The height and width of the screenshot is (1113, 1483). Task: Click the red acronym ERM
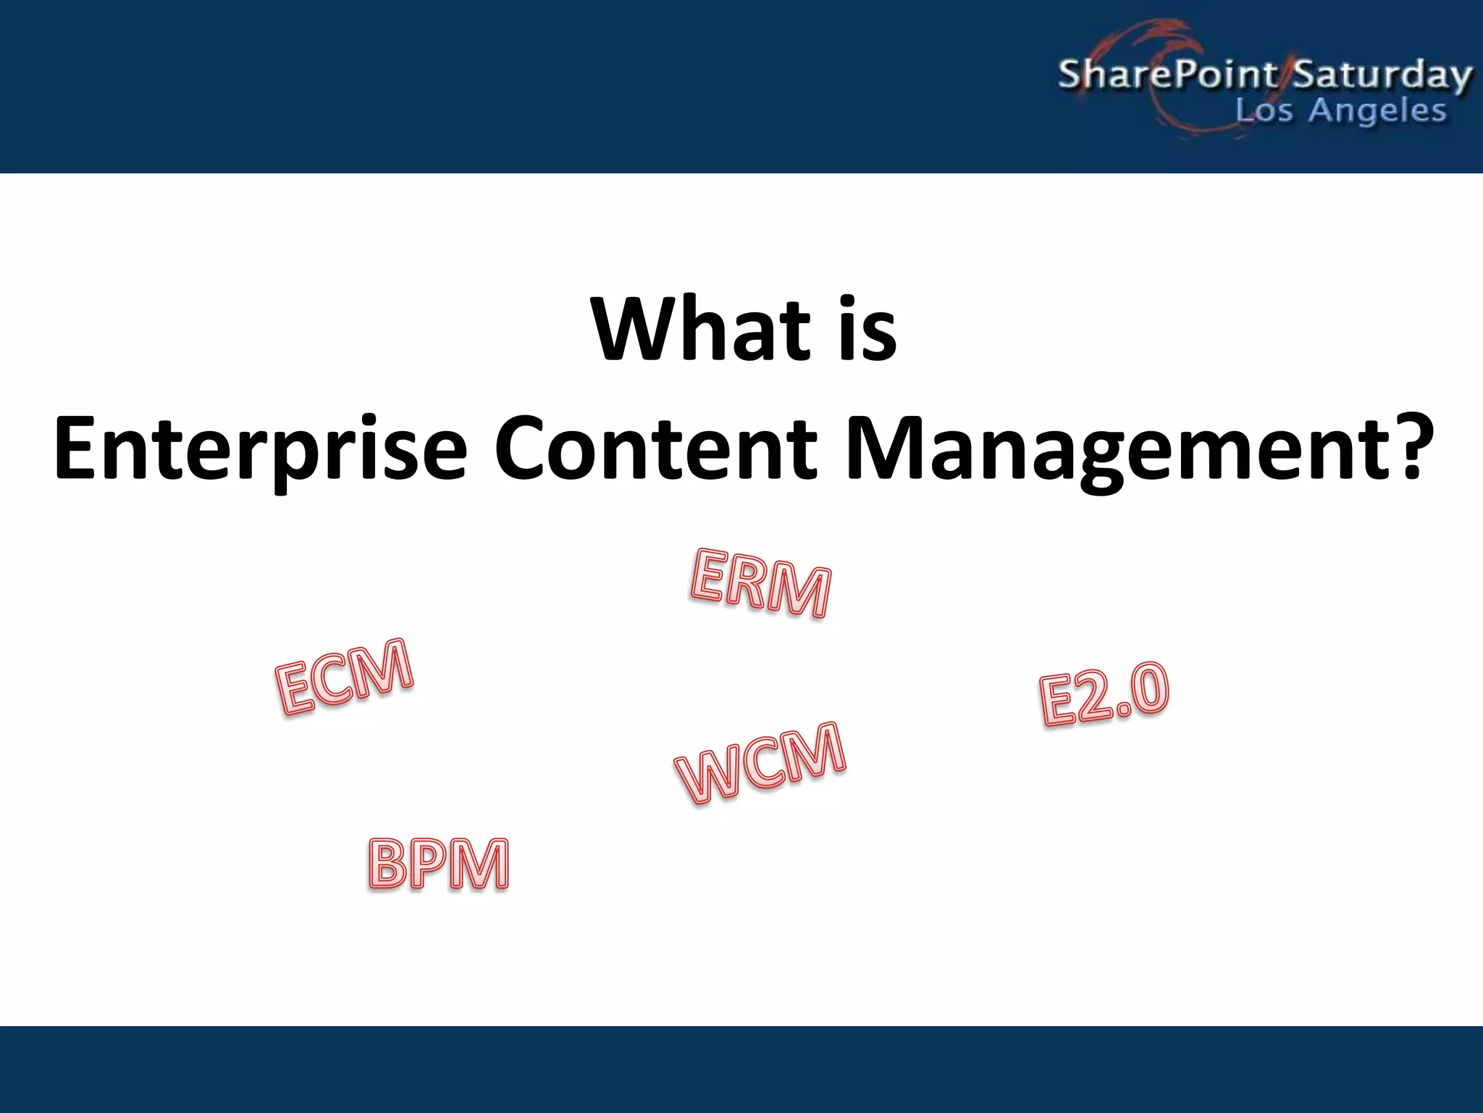click(760, 583)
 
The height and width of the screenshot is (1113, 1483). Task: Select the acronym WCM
click(760, 763)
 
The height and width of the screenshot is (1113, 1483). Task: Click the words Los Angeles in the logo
click(1340, 111)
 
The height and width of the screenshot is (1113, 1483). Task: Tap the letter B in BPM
click(391, 864)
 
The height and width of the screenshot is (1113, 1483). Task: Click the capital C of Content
click(523, 448)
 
